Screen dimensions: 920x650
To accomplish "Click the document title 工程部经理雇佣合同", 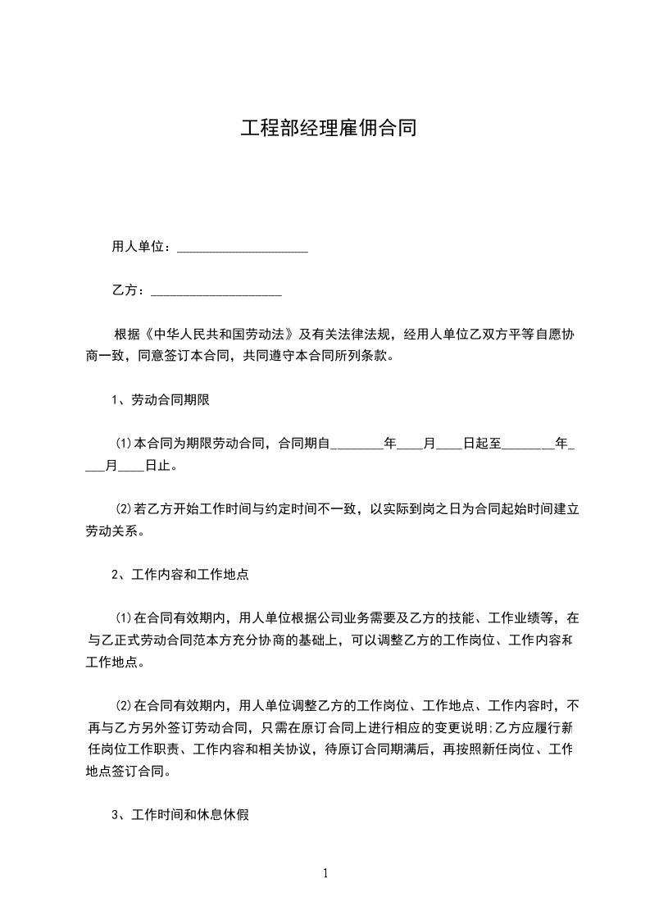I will point(328,129).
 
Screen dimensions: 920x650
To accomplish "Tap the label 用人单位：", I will point(141,247).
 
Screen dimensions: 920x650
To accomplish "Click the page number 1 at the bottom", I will point(325,873).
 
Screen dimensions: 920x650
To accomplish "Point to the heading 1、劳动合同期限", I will point(163,400).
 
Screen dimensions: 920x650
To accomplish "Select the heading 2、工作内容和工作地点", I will point(180,575).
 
